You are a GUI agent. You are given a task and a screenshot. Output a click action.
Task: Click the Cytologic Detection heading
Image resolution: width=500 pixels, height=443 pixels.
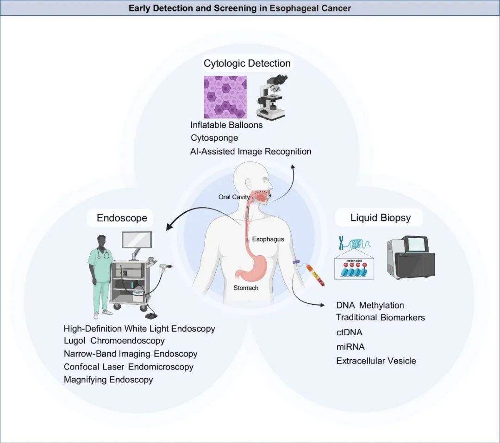(x=247, y=63)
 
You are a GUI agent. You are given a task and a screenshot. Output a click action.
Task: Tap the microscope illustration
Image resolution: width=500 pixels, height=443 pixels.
(x=272, y=98)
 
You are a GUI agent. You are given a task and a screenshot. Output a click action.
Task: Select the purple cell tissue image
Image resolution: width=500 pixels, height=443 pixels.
(x=225, y=97)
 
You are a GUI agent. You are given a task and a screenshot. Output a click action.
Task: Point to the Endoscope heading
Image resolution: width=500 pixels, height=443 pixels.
(x=122, y=218)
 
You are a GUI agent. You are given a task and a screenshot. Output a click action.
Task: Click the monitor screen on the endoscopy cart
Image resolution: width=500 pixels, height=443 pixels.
(x=137, y=240)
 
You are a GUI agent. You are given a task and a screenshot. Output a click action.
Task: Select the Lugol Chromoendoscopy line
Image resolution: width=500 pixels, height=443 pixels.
(x=114, y=341)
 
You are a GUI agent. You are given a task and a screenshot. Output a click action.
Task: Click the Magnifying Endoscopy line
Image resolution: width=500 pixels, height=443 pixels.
(x=108, y=380)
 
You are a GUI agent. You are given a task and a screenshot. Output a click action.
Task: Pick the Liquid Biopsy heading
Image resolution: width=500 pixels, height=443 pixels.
(x=381, y=218)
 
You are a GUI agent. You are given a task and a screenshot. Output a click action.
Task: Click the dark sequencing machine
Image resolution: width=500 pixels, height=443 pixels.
(x=411, y=258)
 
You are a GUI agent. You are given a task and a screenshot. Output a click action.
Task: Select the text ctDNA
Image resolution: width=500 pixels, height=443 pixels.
(x=349, y=332)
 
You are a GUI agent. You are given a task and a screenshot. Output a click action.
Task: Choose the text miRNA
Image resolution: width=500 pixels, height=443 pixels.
(x=350, y=346)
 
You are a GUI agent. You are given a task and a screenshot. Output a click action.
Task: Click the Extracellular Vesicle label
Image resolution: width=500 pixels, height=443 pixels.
(x=376, y=361)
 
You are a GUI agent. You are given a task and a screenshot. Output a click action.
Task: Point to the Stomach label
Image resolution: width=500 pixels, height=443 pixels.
(x=246, y=288)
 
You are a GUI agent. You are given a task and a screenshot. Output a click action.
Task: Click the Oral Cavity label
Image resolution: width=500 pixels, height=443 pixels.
(x=234, y=197)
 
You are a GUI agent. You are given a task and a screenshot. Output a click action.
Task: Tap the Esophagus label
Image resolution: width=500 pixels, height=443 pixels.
(x=268, y=239)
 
